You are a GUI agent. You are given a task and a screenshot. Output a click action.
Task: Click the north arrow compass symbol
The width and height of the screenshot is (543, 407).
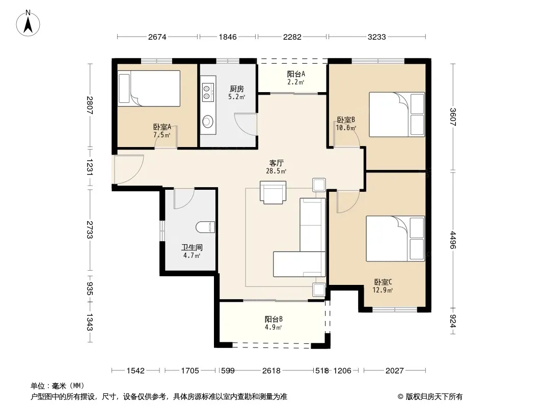(x=28, y=23)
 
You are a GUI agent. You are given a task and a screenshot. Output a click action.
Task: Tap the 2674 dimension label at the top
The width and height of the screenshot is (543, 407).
(x=157, y=37)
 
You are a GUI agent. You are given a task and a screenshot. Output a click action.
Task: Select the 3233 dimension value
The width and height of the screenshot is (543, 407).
(x=377, y=37)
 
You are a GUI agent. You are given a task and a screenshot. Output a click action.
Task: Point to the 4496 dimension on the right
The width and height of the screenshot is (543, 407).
(x=453, y=240)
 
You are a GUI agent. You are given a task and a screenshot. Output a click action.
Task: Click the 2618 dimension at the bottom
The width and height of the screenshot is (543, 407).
(x=271, y=371)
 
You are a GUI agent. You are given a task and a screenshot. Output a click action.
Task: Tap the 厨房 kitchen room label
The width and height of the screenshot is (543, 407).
(x=237, y=89)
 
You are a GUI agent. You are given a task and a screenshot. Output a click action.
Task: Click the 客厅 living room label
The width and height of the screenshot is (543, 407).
(x=277, y=163)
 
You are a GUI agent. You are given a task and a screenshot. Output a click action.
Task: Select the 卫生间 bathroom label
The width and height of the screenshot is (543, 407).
(x=192, y=248)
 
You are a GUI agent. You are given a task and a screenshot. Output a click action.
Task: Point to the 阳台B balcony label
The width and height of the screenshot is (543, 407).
(x=274, y=319)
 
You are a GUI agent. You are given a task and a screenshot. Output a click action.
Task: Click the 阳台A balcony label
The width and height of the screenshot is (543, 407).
(x=296, y=74)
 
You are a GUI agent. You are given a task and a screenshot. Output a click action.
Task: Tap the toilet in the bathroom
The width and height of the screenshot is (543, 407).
(x=205, y=227)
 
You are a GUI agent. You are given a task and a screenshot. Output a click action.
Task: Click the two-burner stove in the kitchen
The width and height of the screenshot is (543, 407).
(x=207, y=91)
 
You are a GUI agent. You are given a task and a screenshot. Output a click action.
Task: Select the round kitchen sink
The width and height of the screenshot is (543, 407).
(x=208, y=121)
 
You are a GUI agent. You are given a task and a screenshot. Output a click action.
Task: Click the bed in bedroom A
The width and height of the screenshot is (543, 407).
(x=149, y=89)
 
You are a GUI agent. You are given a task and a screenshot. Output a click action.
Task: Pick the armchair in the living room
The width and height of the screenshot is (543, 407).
(x=273, y=192)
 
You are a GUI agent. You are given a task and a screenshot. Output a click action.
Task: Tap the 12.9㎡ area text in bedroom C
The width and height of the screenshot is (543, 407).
(x=383, y=290)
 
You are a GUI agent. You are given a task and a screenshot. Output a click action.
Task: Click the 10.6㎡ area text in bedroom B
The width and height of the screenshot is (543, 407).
(x=346, y=128)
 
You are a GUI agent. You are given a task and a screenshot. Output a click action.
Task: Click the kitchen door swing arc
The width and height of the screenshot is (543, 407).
(x=246, y=124)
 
